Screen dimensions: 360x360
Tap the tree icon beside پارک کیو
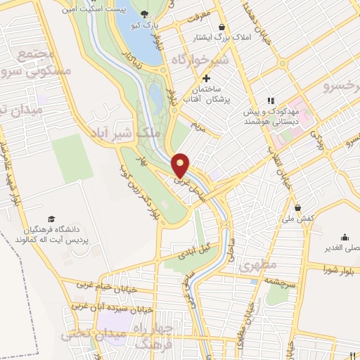(x=145, y=13)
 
